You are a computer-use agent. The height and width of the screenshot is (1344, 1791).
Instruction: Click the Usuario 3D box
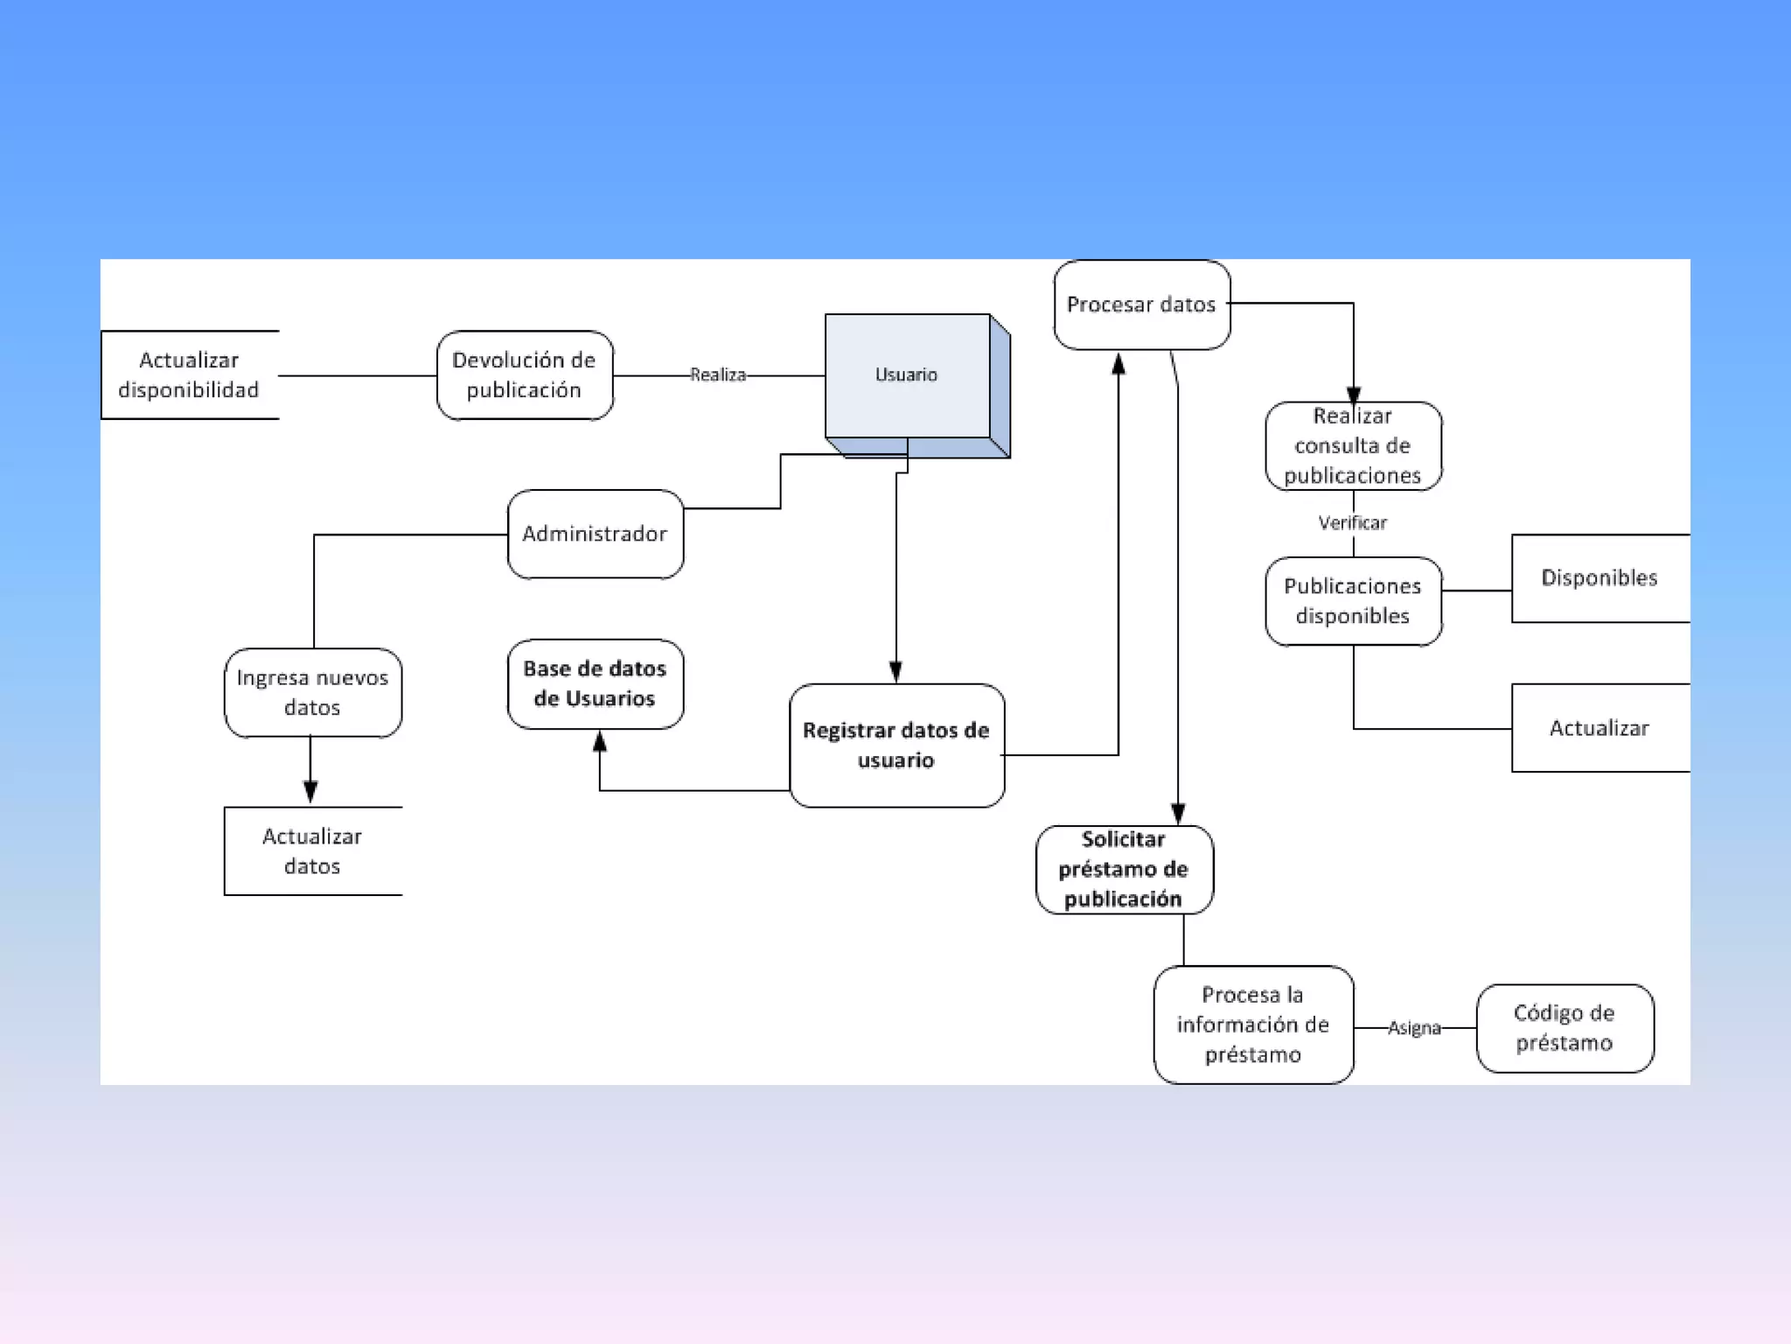908,376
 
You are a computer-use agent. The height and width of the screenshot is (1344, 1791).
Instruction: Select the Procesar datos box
1141,304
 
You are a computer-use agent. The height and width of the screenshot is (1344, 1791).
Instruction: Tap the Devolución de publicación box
525,375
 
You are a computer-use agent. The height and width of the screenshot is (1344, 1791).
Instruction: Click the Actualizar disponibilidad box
190,375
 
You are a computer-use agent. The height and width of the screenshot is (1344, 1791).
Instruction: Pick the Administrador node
595,534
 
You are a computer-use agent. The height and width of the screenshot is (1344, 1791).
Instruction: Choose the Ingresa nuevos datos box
313,693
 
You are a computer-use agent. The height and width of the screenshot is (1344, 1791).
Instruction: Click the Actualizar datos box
313,851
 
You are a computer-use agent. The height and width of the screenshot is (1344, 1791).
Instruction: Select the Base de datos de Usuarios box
595,684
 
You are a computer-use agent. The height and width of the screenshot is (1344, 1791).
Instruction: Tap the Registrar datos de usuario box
896,745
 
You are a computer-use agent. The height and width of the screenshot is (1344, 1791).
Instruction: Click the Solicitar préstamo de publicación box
1124,870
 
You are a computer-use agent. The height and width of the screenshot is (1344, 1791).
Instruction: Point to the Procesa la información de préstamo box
1253,1025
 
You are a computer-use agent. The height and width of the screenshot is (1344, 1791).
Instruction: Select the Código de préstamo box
1565,1028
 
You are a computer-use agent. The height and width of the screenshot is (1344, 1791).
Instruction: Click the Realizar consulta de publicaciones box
1353,446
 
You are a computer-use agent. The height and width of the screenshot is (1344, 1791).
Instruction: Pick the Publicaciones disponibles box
1353,601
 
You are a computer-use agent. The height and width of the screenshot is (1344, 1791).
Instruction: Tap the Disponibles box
1599,578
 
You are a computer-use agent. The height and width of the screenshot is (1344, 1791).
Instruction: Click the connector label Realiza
718,375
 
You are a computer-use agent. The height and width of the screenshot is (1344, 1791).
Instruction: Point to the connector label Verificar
1353,523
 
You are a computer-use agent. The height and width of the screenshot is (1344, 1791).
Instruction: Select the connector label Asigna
1414,1028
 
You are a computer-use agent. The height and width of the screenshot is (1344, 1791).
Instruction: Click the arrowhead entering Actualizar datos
310,792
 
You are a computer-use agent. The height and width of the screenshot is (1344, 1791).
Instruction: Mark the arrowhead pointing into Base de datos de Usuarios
600,742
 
